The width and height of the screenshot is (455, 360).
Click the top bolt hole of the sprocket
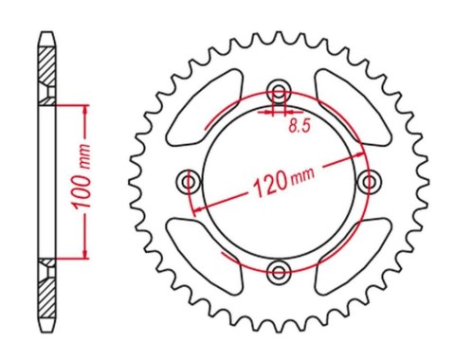coord(278,91)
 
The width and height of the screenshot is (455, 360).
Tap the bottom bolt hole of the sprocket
coord(278,272)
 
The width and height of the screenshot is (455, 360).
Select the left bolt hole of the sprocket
coord(189,181)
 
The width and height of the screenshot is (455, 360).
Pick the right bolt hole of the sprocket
coord(368,181)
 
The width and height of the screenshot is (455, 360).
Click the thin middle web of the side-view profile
coord(45,180)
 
